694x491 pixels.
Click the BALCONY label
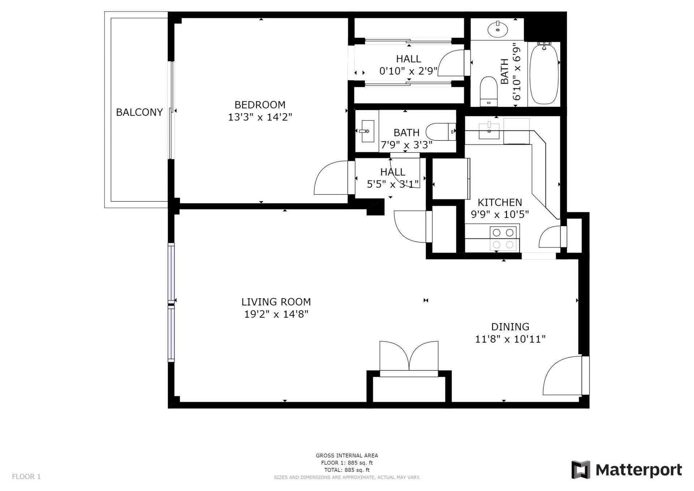click(x=139, y=112)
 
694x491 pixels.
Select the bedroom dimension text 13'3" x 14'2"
click(x=260, y=117)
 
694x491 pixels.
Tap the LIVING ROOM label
click(x=276, y=301)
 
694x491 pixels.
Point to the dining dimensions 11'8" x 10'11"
click(x=510, y=339)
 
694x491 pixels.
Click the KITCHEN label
click(x=500, y=202)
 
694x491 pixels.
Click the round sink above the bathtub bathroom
click(x=498, y=29)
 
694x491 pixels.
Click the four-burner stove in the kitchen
click(x=503, y=238)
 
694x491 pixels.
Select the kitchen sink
click(x=489, y=131)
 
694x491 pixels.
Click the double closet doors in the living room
click(x=409, y=356)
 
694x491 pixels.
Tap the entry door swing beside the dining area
click(x=564, y=376)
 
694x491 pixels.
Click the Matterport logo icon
click(x=581, y=469)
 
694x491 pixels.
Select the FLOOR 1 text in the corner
click(x=26, y=477)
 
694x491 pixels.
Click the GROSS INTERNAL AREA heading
click(x=347, y=456)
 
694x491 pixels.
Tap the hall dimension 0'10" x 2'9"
click(x=408, y=71)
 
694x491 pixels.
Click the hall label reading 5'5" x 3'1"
click(x=393, y=184)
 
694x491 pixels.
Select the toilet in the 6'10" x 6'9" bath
click(x=489, y=91)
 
